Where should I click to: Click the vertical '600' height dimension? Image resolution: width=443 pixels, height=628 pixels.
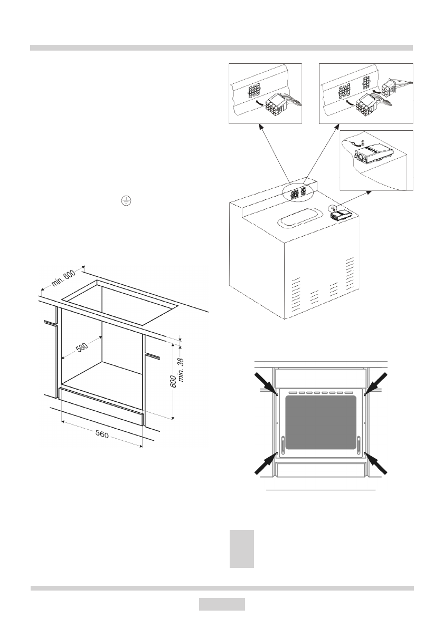coord(173,381)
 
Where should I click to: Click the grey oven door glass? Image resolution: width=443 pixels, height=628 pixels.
coord(321,421)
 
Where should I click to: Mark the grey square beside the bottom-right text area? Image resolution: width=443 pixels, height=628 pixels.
coord(242,549)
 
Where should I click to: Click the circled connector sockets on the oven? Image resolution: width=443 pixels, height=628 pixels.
coord(299,192)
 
